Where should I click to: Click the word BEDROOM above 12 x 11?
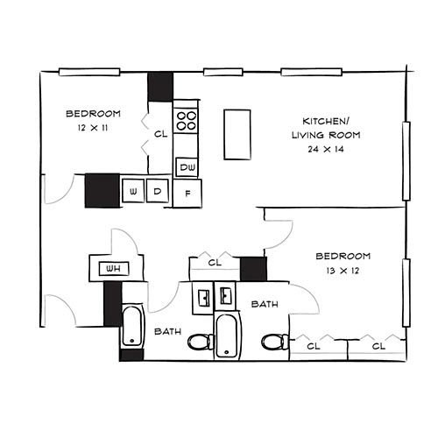[x=94, y=114]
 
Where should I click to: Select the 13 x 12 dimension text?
[x=343, y=271]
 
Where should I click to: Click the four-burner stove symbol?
[x=186, y=120]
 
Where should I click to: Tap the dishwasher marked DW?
[x=187, y=166]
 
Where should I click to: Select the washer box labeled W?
[x=134, y=191]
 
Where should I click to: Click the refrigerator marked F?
[x=187, y=193]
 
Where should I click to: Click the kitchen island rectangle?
[x=237, y=134]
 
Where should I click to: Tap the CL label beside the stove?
[x=160, y=135]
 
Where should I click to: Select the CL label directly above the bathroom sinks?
[x=215, y=262]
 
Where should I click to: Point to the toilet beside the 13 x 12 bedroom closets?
[x=275, y=341]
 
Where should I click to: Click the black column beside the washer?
[x=101, y=191]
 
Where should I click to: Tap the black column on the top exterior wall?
[x=160, y=85]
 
